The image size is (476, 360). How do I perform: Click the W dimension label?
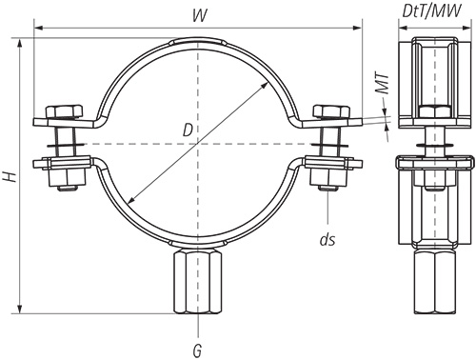(x=200, y=15)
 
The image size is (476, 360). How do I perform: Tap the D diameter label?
(x=188, y=130)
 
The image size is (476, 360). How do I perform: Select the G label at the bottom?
(x=197, y=350)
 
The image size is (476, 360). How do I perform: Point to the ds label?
(x=327, y=240)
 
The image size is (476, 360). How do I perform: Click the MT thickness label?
(x=383, y=84)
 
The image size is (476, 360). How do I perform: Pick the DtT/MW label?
(x=432, y=11)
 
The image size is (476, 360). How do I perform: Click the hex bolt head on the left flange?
(x=64, y=111)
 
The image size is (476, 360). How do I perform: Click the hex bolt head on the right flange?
(x=331, y=111)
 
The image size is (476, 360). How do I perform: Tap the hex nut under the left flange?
(x=68, y=177)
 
